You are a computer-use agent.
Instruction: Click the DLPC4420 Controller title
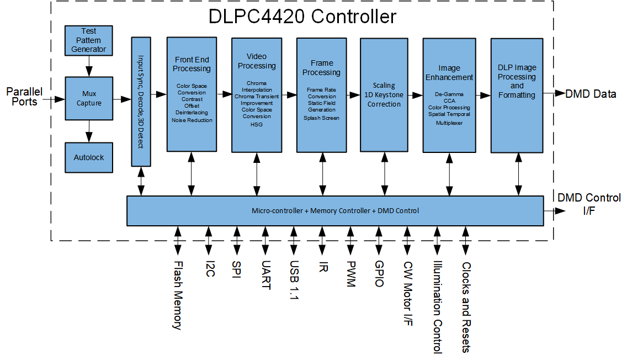coord(302,16)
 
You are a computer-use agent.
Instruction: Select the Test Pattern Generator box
coord(88,40)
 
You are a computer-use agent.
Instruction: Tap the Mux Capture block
coord(89,98)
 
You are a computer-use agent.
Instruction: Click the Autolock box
coord(88,157)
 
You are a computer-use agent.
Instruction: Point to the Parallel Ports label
coord(24,96)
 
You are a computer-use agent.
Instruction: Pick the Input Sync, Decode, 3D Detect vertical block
coord(141,102)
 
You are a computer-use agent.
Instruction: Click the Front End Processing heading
coord(192,64)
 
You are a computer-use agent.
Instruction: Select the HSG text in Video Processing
coord(257,124)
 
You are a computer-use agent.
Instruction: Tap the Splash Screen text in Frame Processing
coord(321,118)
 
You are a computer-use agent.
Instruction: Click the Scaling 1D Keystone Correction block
coord(384,94)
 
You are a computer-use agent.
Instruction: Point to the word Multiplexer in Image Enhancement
coord(449,123)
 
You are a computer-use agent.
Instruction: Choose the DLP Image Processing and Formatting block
coord(517,82)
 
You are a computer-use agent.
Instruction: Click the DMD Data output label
coord(591,94)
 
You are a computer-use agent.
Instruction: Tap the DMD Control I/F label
coord(589,204)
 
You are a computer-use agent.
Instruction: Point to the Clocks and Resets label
coord(466,306)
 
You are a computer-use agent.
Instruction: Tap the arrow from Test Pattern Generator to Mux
coord(88,67)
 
